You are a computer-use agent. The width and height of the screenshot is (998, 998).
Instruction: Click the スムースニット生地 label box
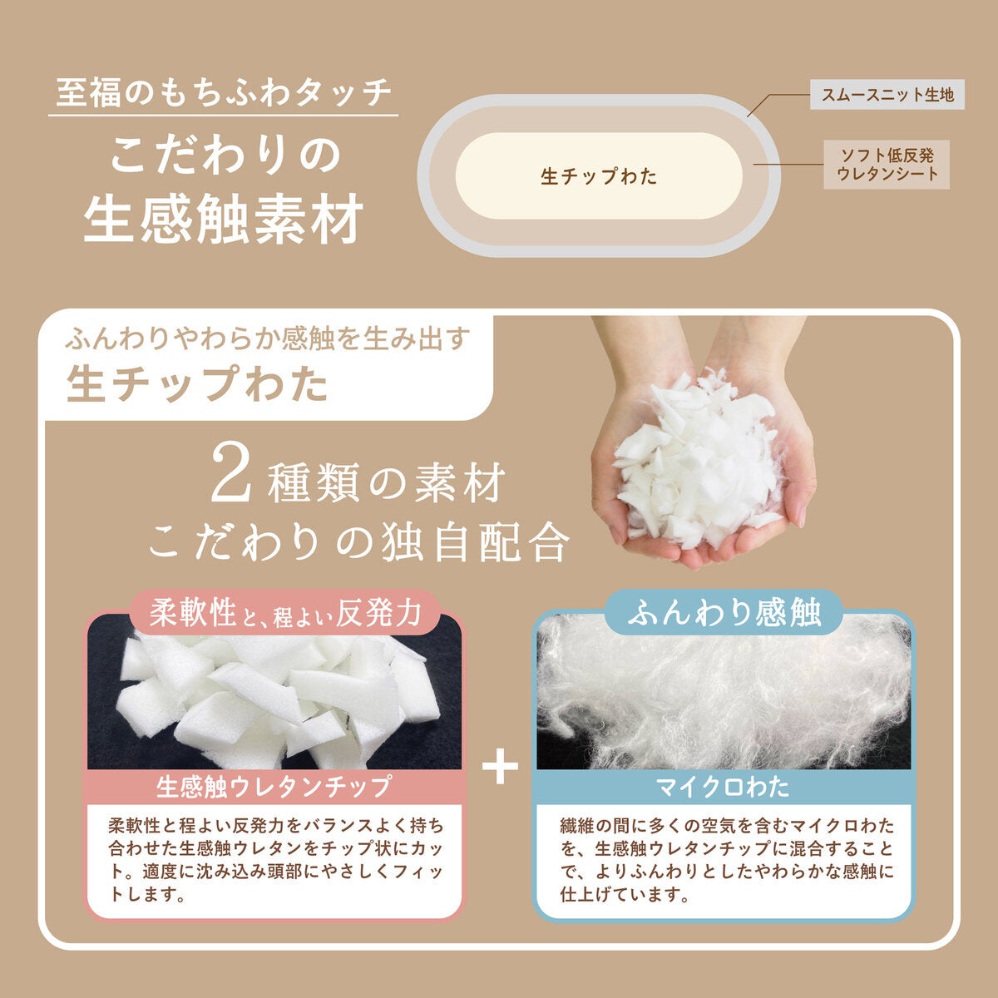pyautogui.click(x=887, y=94)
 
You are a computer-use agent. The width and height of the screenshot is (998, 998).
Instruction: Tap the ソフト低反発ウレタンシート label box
pyautogui.click(x=887, y=164)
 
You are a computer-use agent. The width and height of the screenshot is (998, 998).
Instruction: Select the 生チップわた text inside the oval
pyautogui.click(x=599, y=176)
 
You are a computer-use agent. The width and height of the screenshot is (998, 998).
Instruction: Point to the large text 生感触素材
pyautogui.click(x=224, y=219)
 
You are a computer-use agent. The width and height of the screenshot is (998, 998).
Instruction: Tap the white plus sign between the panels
pyautogui.click(x=500, y=765)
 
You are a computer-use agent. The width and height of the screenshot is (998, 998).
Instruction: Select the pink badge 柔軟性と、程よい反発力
pyautogui.click(x=285, y=614)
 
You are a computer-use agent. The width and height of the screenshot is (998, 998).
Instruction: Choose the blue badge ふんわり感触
pyautogui.click(x=724, y=614)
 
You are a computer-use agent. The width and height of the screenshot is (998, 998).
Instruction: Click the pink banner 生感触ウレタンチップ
pyautogui.click(x=274, y=787)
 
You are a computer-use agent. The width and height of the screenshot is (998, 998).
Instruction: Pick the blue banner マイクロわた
pyautogui.click(x=724, y=787)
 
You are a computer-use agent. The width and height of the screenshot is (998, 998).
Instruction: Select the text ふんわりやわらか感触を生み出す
pyautogui.click(x=268, y=339)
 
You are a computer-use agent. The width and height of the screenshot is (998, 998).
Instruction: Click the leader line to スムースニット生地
pyautogui.click(x=778, y=102)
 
